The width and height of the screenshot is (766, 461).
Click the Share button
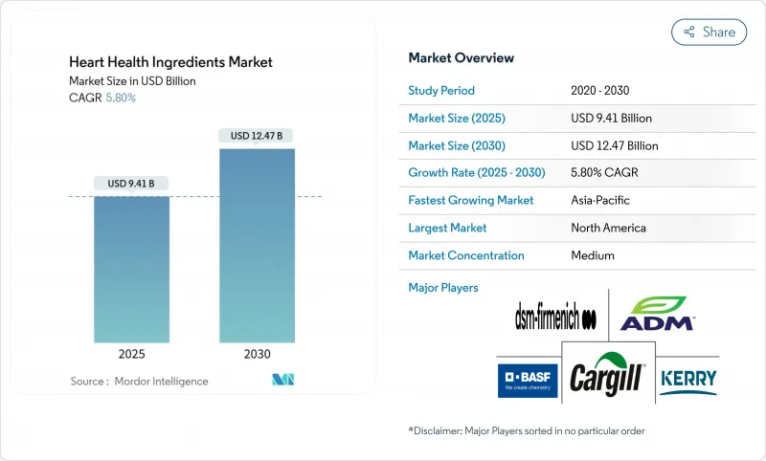(x=709, y=32)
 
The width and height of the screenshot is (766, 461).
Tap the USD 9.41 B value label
(x=131, y=183)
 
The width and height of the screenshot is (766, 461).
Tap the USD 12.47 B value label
(x=257, y=136)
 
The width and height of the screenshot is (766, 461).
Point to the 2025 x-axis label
(x=131, y=354)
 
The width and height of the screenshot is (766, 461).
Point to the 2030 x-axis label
(x=257, y=354)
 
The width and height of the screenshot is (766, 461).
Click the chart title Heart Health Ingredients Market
(x=170, y=62)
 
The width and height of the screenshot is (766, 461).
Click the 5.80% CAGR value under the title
(x=120, y=98)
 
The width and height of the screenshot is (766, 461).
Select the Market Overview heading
(x=461, y=57)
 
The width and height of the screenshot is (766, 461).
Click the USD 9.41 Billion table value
(x=611, y=119)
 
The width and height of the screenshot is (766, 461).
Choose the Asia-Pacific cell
(x=599, y=201)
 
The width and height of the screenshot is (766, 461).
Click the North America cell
(x=608, y=228)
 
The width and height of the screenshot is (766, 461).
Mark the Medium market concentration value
(x=592, y=255)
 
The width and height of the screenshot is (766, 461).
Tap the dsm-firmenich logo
(x=555, y=318)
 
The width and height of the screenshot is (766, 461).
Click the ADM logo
(x=658, y=315)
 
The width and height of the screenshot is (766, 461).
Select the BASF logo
(x=528, y=380)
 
